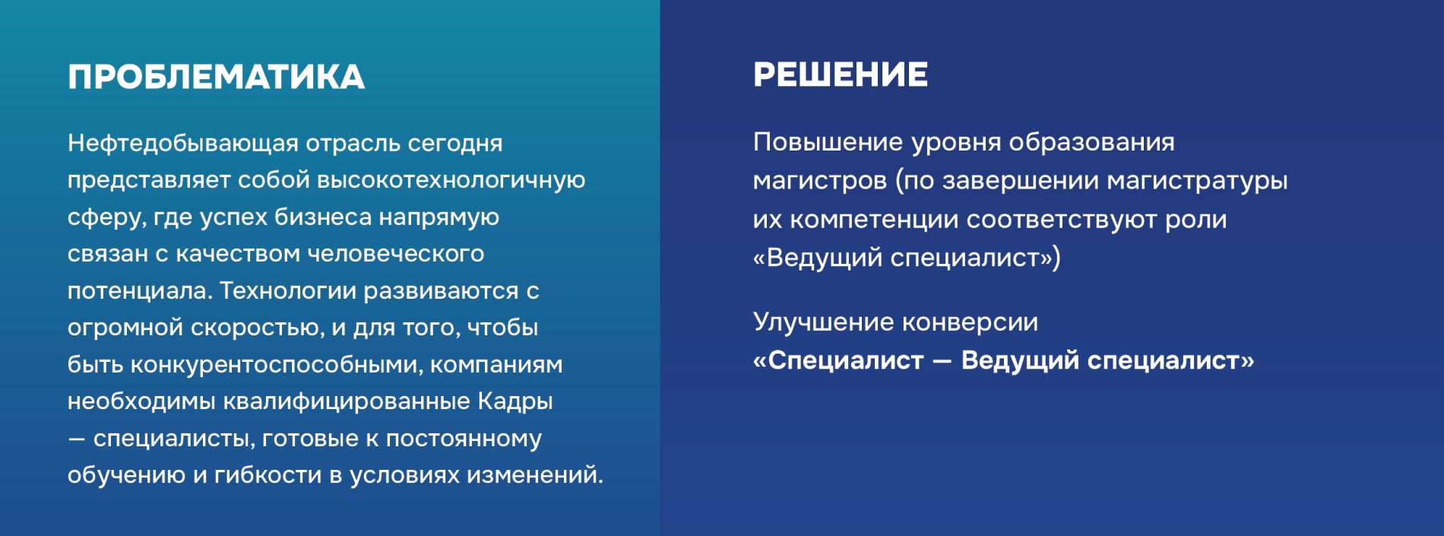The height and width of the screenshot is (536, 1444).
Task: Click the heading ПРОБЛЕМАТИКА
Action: [217, 77]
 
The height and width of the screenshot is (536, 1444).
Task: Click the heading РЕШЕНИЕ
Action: [841, 75]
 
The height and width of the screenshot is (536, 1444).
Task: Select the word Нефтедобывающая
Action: [183, 144]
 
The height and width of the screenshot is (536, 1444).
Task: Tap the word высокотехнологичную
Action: [451, 180]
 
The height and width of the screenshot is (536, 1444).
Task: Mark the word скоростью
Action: [258, 328]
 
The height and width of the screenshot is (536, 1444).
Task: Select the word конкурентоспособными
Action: [277, 365]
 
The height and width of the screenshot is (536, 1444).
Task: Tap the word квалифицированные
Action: [347, 401]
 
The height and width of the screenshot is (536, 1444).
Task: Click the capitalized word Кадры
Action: [515, 401]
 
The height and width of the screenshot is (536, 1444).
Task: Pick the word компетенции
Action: [874, 220]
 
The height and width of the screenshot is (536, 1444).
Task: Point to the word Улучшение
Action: [825, 322]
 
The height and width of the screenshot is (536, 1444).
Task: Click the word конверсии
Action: [971, 323]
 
